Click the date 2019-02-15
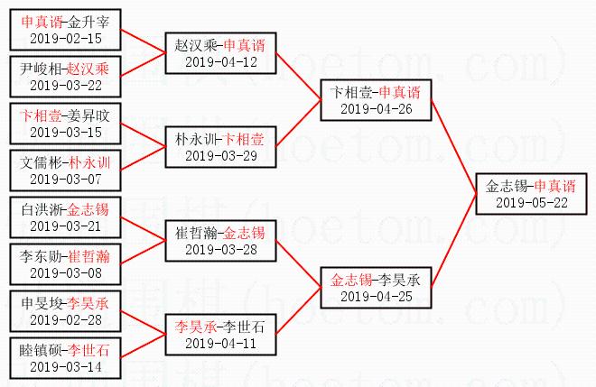point(66,39)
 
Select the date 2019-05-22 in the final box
point(532,202)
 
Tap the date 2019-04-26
point(377,109)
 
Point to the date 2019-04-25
point(377,296)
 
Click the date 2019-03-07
point(66,179)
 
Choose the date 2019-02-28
point(66,319)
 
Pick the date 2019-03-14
point(66,366)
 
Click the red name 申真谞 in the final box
point(554,186)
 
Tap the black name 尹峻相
point(41,69)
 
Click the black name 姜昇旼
point(88,115)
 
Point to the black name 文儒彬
point(41,162)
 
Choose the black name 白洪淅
point(42,209)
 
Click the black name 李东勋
point(41,256)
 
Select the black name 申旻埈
point(42,303)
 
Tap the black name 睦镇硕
point(41,350)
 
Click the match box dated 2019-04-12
point(220,53)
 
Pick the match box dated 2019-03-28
point(220,241)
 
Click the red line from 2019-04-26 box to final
point(454,147)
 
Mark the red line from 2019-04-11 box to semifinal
point(298,311)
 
